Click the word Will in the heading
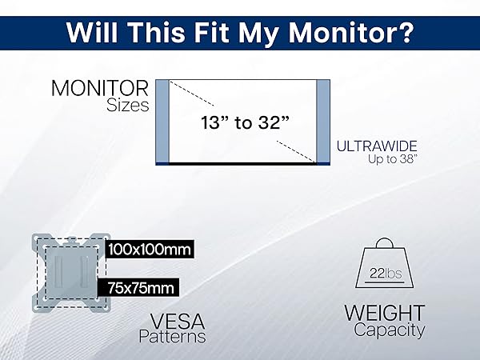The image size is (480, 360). click(92, 32)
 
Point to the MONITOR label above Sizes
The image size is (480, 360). click(100, 88)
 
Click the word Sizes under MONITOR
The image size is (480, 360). click(128, 106)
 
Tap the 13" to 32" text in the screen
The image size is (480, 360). click(246, 122)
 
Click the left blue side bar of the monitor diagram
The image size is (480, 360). click(162, 121)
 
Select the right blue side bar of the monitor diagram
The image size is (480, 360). click(323, 121)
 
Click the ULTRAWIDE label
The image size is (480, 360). click(377, 146)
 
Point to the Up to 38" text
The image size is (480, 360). click(393, 159)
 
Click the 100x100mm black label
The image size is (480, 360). click(150, 249)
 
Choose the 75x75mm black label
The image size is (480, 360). click(138, 288)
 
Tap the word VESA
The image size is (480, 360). click(178, 322)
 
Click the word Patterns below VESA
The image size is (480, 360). click(172, 337)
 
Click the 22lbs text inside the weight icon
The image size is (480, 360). click(386, 273)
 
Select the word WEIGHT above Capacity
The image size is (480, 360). click(385, 313)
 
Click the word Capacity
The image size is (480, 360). click(390, 330)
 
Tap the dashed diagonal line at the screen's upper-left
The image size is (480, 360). click(192, 94)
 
